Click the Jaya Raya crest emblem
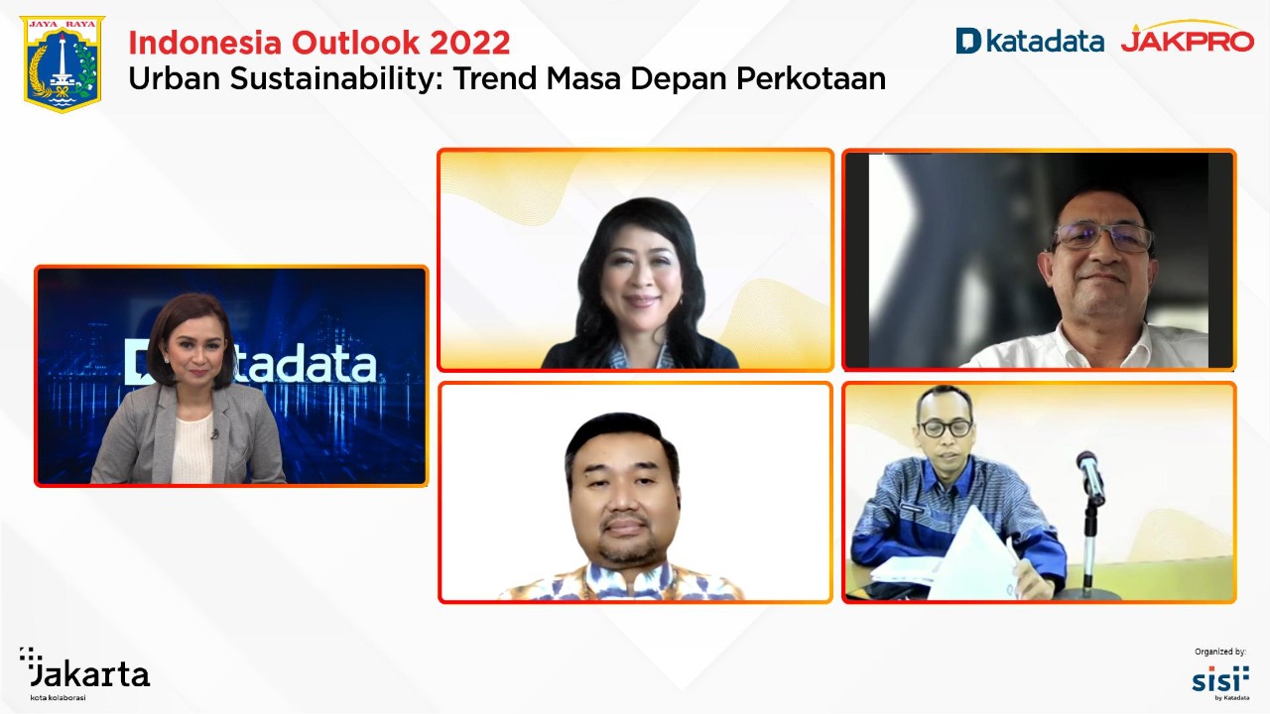pos(62,63)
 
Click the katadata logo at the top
pos(1029,41)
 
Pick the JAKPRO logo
pos(1187,40)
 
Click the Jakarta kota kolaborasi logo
pos(84,673)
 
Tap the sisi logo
pos(1219,679)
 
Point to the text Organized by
pos(1219,652)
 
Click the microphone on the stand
pos(1089,473)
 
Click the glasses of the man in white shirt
pos(1103,236)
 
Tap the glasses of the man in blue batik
pos(945,428)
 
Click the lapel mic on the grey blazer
pos(214,433)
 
